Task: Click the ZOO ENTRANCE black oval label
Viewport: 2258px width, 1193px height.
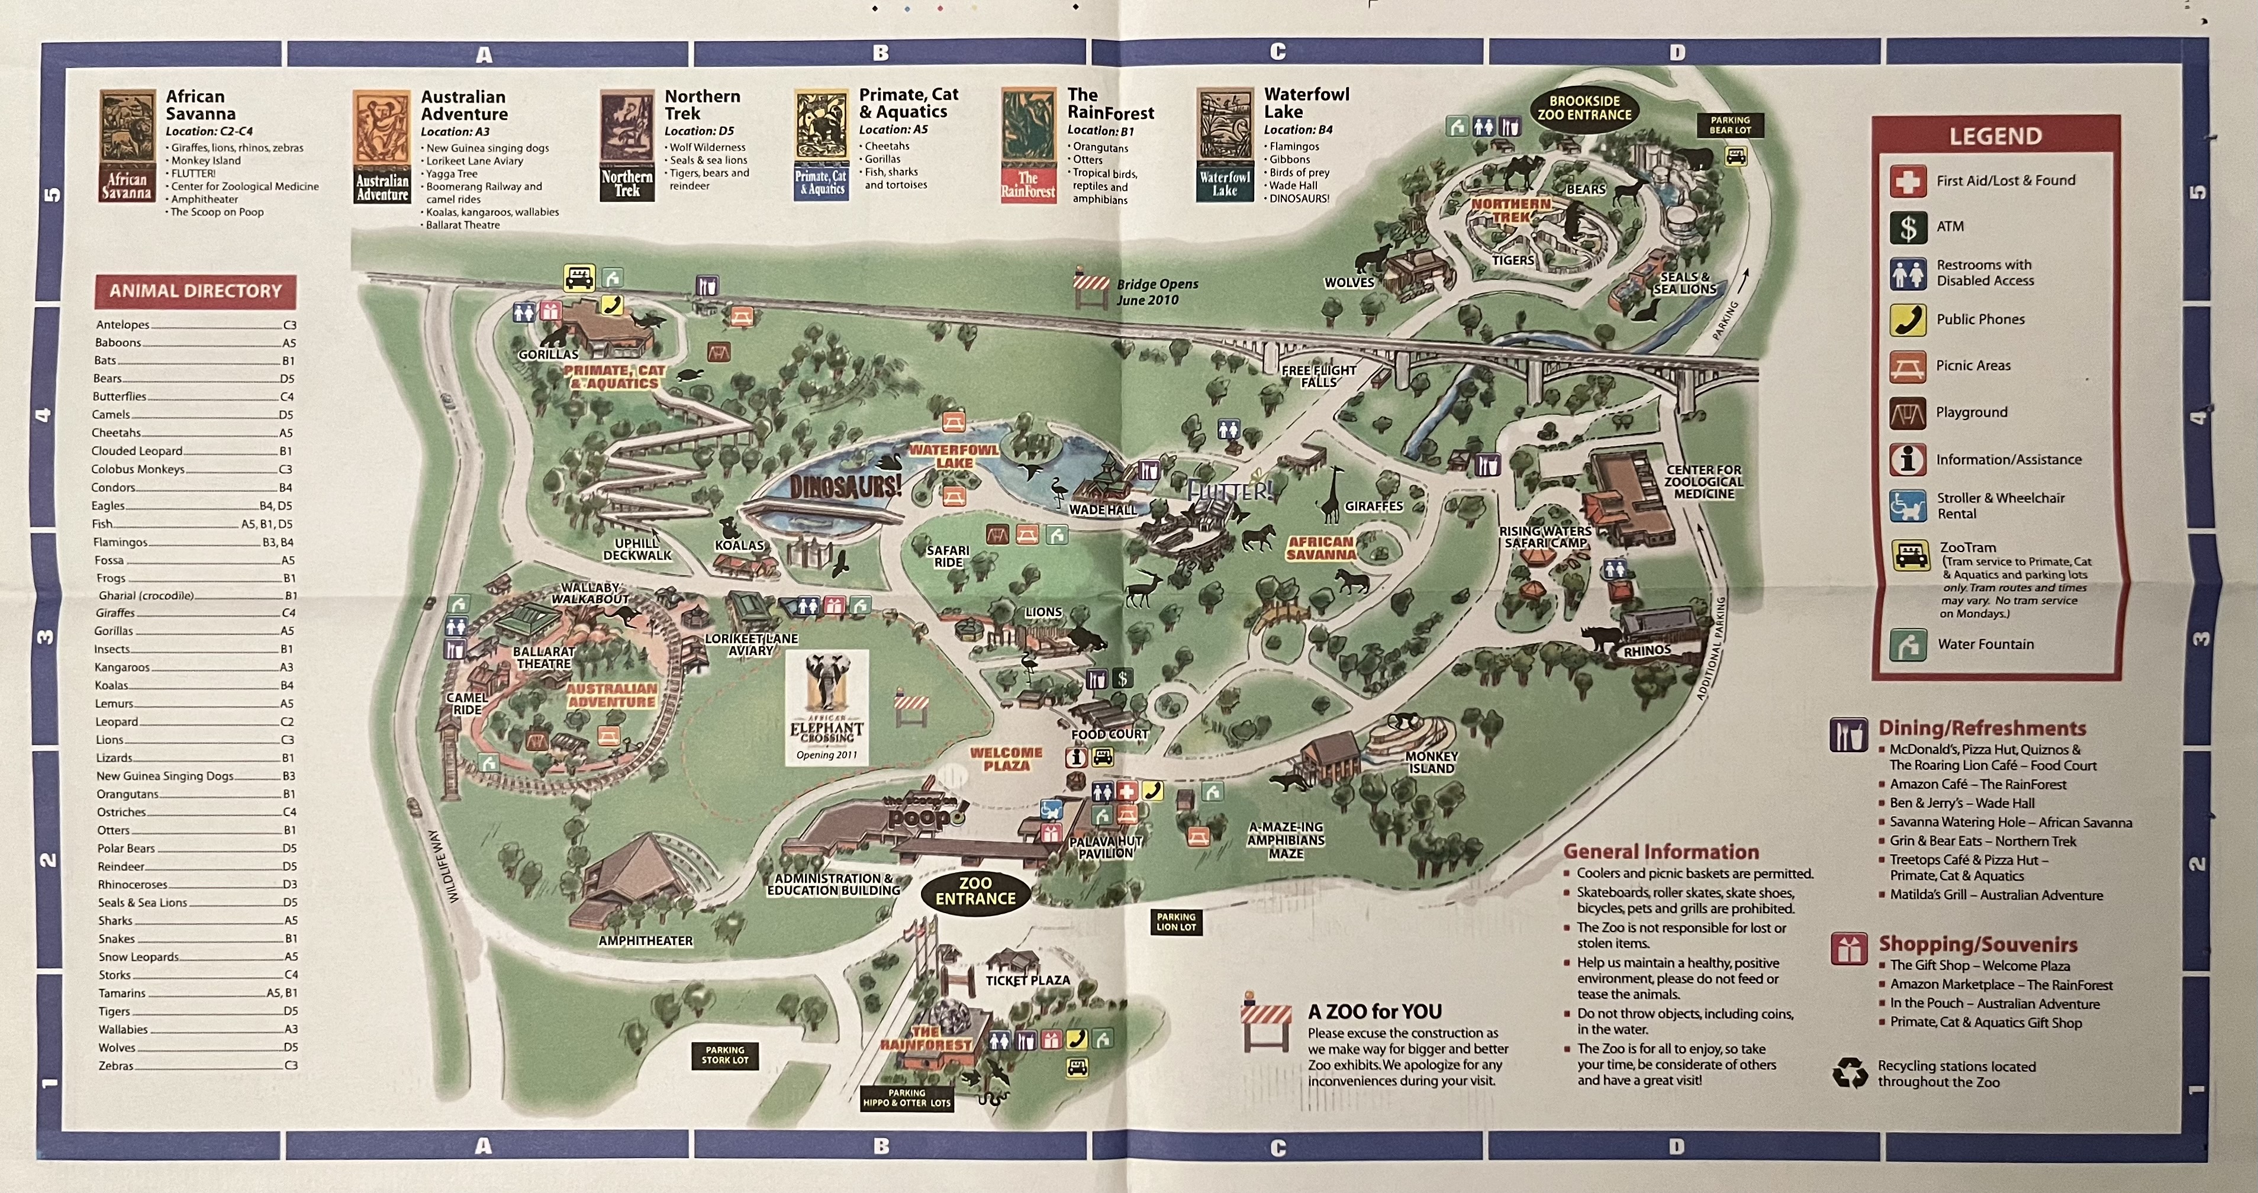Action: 975,891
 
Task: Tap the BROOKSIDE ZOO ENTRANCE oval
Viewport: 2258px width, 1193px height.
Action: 1584,108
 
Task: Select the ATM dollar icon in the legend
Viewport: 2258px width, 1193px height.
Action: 1908,227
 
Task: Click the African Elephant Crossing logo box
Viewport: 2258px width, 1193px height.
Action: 827,707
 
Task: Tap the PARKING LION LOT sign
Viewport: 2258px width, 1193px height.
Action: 1175,922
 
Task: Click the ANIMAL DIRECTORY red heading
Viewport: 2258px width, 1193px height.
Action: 195,291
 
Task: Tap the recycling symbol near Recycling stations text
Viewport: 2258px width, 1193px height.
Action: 1850,1073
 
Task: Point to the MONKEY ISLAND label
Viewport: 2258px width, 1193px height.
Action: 1431,762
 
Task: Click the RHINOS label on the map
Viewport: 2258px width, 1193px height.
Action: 1647,650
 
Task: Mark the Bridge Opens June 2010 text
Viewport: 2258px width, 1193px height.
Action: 1156,292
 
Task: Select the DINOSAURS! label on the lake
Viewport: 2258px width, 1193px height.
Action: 845,486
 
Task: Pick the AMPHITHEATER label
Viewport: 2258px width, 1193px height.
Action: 645,940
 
